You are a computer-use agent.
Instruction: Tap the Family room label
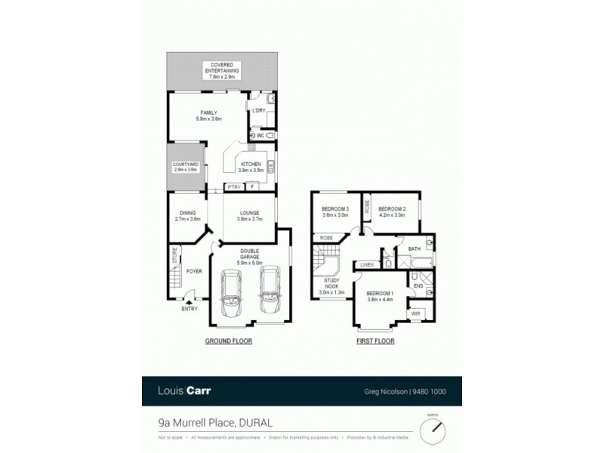coord(208,116)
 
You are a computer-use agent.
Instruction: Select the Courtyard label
coord(185,167)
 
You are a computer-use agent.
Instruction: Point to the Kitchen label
coord(250,167)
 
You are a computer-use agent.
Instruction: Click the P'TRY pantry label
coord(232,186)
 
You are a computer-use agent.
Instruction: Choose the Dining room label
coord(187,216)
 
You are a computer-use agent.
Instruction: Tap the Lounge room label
coord(249,216)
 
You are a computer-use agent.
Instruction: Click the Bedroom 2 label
coord(392,212)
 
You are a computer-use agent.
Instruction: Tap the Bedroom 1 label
coord(380,296)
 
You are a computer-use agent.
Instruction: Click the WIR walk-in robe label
coord(415,313)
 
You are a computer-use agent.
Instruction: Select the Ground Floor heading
coord(229,341)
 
